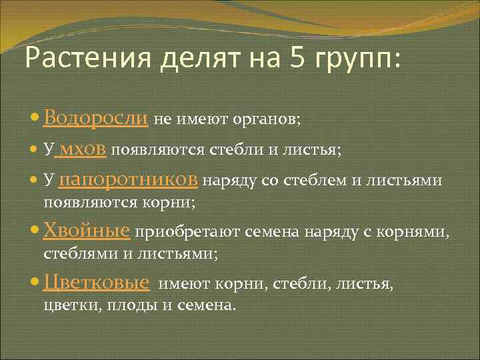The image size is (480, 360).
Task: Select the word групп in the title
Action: [358, 61]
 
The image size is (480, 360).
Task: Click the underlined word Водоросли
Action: [95, 119]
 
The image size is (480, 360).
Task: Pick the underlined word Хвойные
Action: [86, 231]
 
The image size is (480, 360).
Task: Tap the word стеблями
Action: [72, 253]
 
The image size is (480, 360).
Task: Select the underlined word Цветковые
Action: [96, 283]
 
